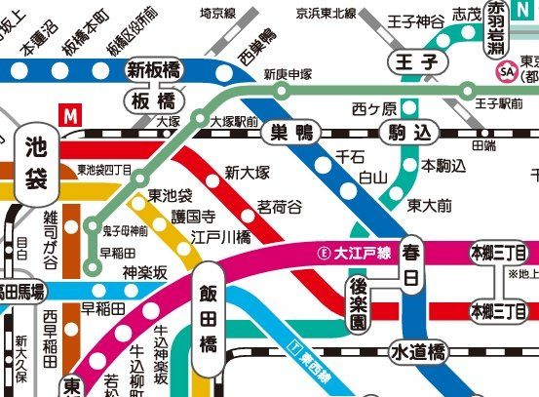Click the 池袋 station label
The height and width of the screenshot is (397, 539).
[x=36, y=165]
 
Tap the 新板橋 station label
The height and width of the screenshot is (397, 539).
[x=155, y=69]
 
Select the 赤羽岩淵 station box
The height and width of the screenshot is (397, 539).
[x=497, y=21]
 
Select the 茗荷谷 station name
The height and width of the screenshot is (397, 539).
[x=279, y=207]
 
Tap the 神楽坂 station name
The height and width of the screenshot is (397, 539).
[x=145, y=271]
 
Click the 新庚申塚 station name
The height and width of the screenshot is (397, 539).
[x=288, y=73]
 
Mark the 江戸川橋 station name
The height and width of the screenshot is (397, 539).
[x=220, y=236]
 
